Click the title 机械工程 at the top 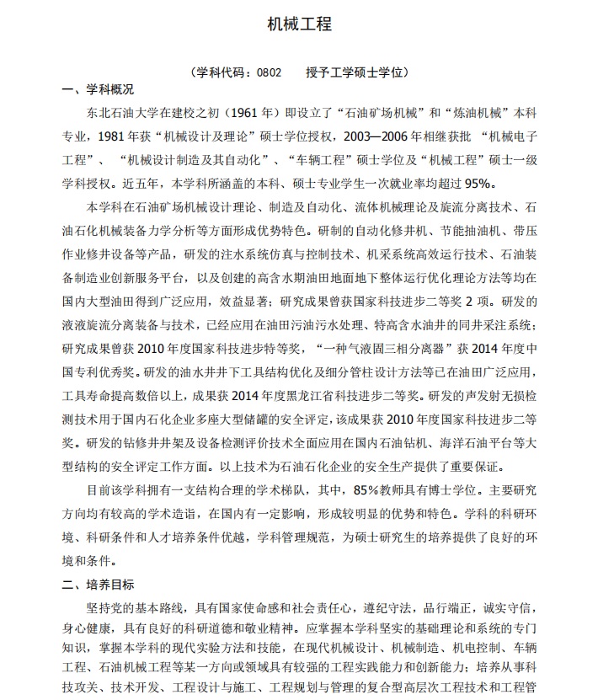[x=299, y=24]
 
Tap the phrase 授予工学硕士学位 [x=357, y=72]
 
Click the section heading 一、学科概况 [x=99, y=90]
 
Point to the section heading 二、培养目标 [x=99, y=585]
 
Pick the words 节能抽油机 [x=472, y=230]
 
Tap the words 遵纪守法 [x=393, y=606]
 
